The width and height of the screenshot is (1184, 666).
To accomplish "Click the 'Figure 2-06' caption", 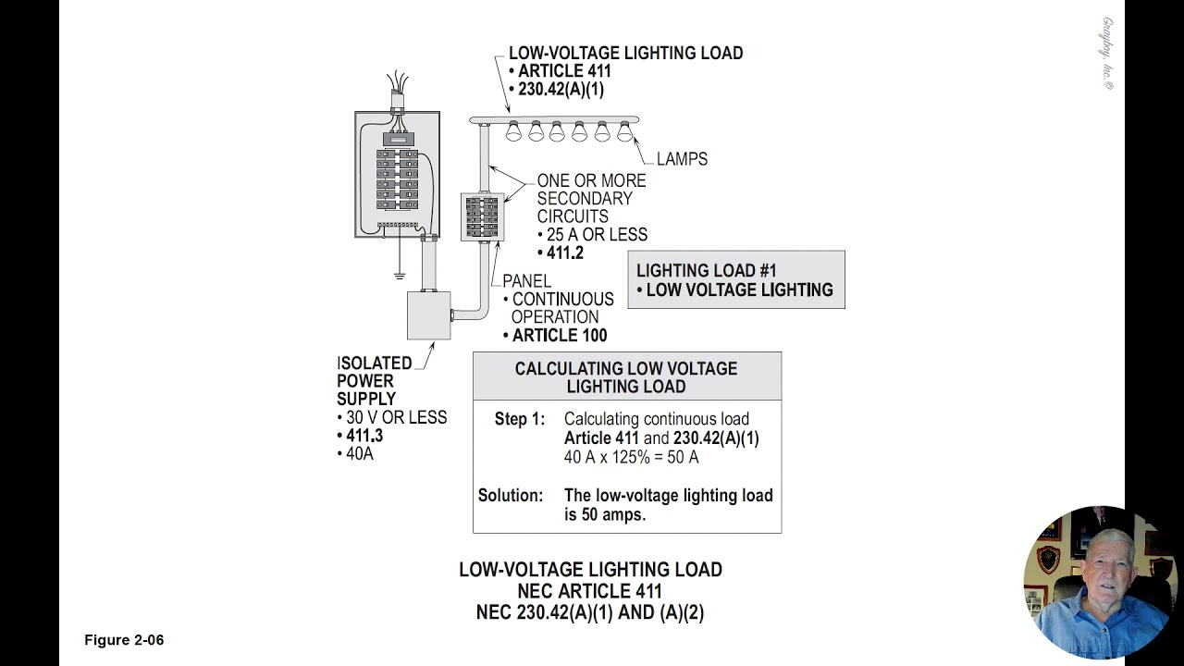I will pos(124,640).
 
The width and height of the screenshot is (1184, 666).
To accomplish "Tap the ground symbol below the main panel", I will pos(400,274).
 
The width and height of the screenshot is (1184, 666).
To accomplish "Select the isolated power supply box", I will pos(428,315).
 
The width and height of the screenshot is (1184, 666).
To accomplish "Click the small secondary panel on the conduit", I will pos(482,217).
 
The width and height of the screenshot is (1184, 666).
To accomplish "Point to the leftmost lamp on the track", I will pos(513,131).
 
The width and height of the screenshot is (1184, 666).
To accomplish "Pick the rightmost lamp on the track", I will pos(624,131).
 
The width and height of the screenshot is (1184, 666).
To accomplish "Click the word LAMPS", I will pos(682,159).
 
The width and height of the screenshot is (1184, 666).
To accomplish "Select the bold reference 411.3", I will pos(364,436).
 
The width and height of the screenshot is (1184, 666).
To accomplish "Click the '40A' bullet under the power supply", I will pos(359,454).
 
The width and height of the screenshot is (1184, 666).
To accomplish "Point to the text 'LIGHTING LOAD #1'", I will pos(706,271).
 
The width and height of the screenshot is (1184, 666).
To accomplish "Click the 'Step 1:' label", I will pos(520,420).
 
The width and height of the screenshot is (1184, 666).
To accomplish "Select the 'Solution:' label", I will pos(511,496).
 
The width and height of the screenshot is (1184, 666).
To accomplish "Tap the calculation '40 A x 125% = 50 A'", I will pos(631,457).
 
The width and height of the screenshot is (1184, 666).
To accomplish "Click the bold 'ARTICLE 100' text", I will pos(560,335).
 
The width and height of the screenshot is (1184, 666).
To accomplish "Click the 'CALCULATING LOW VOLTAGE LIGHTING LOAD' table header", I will pos(626,377).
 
